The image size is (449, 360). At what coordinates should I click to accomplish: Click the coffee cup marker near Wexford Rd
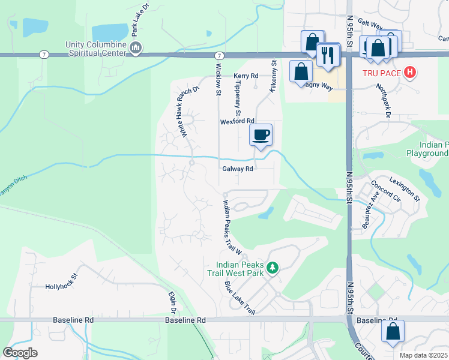coord(261,134)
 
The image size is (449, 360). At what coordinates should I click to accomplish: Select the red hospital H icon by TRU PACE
coord(411,73)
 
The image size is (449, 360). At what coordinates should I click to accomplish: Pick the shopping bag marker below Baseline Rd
coord(393,331)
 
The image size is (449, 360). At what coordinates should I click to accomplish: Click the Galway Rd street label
coord(238,169)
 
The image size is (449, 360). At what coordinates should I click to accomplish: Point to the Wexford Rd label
coord(234,121)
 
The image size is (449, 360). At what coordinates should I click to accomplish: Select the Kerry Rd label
coord(246,76)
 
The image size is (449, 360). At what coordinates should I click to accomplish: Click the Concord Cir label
coord(386,189)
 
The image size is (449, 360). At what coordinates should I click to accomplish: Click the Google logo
coord(20,353)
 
